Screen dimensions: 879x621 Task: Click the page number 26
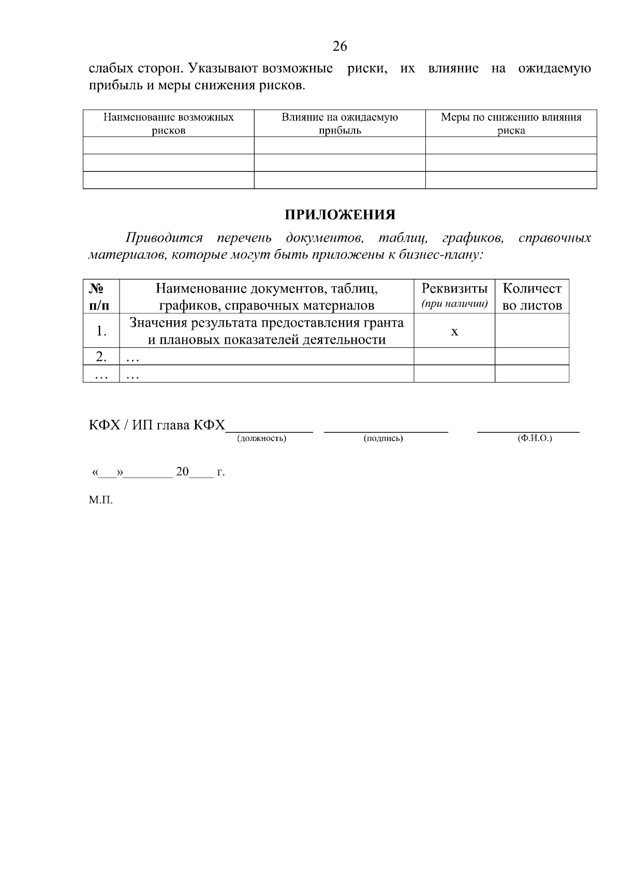point(339,47)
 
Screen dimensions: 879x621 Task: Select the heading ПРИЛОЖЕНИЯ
point(339,215)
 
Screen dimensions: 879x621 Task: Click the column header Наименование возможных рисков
point(168,124)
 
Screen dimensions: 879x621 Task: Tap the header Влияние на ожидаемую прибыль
point(339,124)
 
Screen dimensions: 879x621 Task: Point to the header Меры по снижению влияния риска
point(511,124)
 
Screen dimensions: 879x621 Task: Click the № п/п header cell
point(101,297)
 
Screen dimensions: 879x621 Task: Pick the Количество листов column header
point(532,297)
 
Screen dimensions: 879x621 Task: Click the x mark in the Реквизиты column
point(454,331)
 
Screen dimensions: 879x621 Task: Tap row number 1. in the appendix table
point(101,331)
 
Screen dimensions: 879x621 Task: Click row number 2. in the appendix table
point(101,356)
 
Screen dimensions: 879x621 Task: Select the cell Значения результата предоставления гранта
point(267,331)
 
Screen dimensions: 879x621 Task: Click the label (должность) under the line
point(261,439)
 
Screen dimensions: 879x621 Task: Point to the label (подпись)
point(383,439)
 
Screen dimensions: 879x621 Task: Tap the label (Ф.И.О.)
point(535,438)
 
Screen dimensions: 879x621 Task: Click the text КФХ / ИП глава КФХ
point(157,426)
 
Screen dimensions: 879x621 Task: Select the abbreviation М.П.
point(100,500)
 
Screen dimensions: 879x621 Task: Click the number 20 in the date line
point(183,472)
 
